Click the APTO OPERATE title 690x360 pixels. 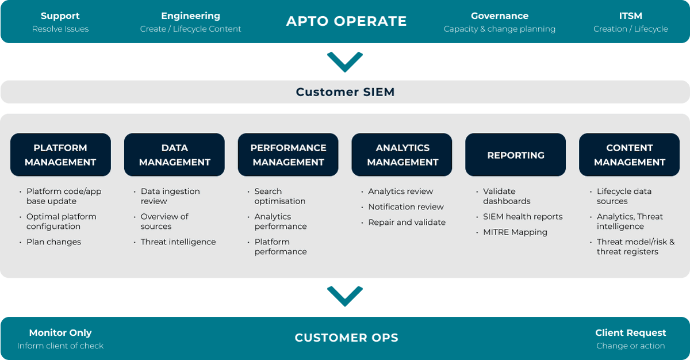[x=346, y=22]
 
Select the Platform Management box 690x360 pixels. [x=60, y=155]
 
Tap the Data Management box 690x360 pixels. [x=174, y=155]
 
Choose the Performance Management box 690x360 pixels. [x=288, y=155]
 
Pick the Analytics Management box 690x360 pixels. [x=402, y=155]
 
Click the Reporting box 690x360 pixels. [x=515, y=155]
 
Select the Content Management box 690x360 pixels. [x=629, y=155]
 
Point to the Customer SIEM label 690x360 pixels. [x=345, y=92]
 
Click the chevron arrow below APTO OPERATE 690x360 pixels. [x=345, y=62]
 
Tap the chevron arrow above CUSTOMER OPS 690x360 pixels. [x=345, y=296]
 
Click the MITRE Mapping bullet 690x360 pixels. [x=515, y=232]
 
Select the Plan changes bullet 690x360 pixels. [x=53, y=242]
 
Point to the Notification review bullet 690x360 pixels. [x=406, y=207]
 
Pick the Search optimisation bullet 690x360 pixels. [x=280, y=196]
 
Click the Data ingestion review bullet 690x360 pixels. [x=170, y=196]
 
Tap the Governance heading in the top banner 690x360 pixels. [x=499, y=16]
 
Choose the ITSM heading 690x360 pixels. [x=631, y=16]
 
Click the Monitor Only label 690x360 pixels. [x=60, y=333]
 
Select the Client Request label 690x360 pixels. [x=630, y=333]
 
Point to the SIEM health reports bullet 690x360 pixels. [x=523, y=217]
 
